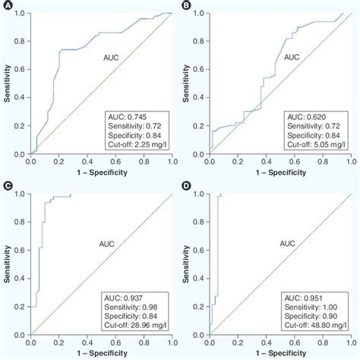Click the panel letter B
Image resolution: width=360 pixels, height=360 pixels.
pyautogui.click(x=186, y=5)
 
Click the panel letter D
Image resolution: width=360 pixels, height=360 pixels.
pyautogui.click(x=186, y=186)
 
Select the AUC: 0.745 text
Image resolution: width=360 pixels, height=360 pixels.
pyautogui.click(x=124, y=115)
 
